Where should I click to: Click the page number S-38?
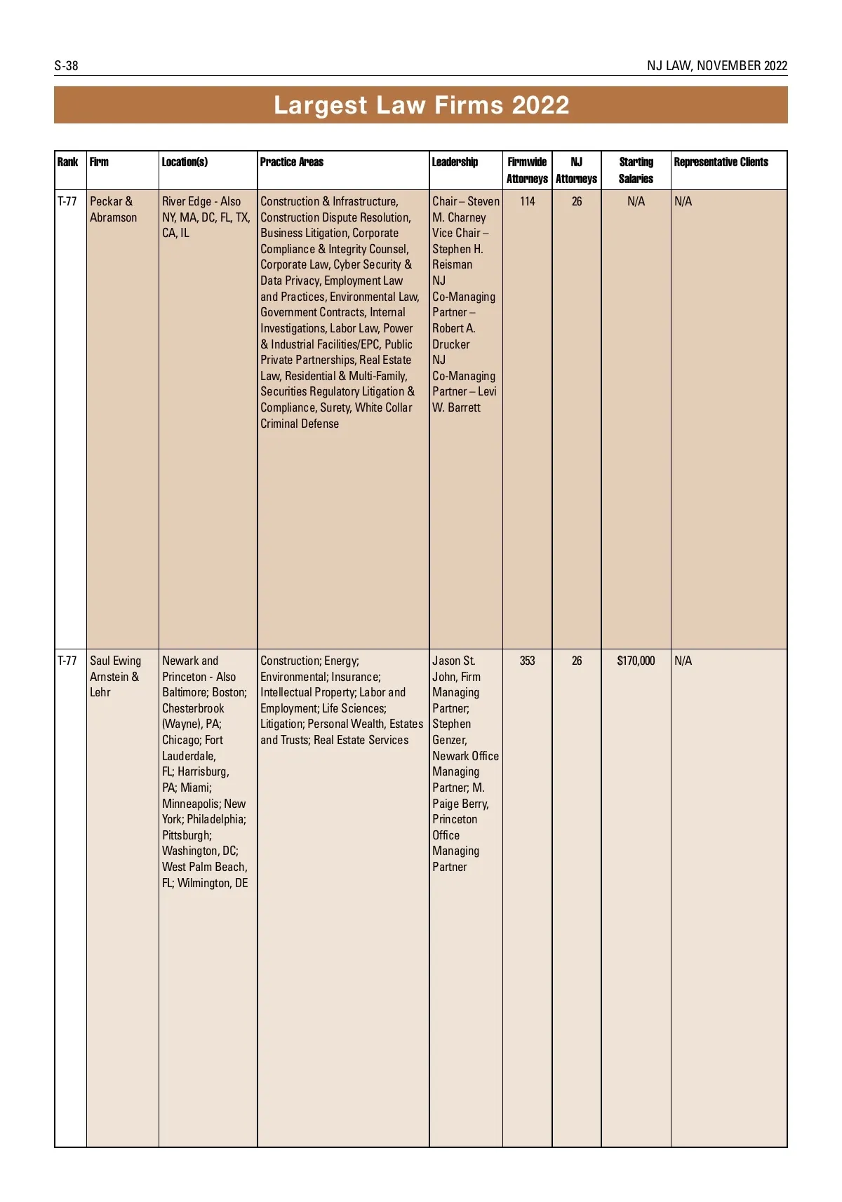(66, 66)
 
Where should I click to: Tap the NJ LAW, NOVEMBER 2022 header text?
(716, 66)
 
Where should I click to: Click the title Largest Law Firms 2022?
(421, 105)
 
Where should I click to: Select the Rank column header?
(67, 162)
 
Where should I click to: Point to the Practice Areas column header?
(292, 162)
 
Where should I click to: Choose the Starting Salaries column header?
(636, 170)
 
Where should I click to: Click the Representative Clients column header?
(721, 162)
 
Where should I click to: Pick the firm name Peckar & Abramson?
(113, 209)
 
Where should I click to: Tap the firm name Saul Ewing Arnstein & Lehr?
(115, 676)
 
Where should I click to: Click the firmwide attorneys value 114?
(528, 201)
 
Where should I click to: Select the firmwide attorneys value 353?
(528, 661)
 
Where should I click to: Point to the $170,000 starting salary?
(636, 661)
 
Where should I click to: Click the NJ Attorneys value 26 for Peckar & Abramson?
(577, 201)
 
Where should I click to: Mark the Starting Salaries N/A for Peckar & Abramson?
(636, 201)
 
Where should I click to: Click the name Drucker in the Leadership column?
(451, 344)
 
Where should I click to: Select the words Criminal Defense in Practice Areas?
(300, 424)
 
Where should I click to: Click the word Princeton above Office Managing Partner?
(455, 819)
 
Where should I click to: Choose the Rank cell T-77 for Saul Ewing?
(67, 661)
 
